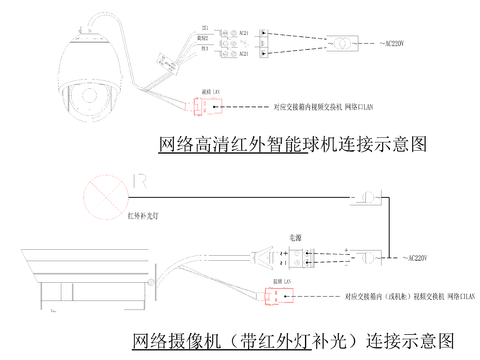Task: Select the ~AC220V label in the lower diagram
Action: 411,257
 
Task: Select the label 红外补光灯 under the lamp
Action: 134,215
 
